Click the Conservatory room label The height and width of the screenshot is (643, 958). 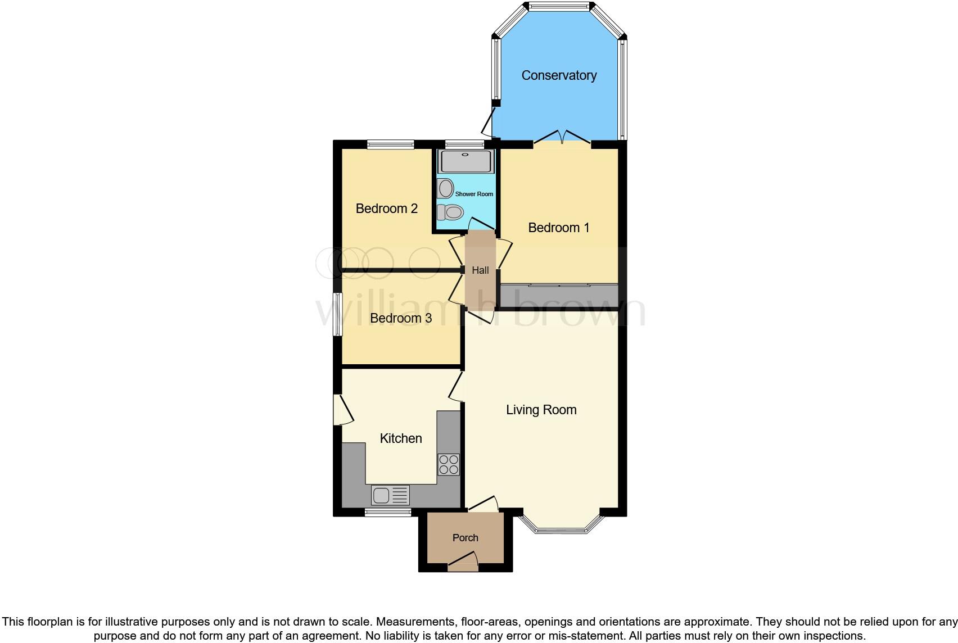click(x=558, y=75)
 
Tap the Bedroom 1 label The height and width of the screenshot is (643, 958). click(x=558, y=228)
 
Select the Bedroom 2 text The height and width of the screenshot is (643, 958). click(x=386, y=209)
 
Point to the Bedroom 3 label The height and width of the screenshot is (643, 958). click(x=400, y=318)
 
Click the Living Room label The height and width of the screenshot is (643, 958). click(x=541, y=410)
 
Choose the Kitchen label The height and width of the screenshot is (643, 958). click(x=400, y=438)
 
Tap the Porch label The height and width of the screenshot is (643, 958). click(x=465, y=538)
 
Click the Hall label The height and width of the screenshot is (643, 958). click(x=480, y=270)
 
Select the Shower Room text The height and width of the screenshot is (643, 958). click(x=474, y=194)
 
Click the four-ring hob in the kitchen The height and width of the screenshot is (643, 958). click(x=449, y=464)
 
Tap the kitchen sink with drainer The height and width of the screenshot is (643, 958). click(x=390, y=495)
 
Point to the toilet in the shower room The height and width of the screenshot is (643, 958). click(x=450, y=212)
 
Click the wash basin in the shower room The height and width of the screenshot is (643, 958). click(x=445, y=188)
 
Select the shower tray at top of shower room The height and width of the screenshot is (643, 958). click(x=466, y=161)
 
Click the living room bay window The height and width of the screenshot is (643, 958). click(x=562, y=528)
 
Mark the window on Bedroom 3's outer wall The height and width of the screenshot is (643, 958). click(x=338, y=314)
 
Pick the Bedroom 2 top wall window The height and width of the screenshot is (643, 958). click(x=390, y=144)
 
